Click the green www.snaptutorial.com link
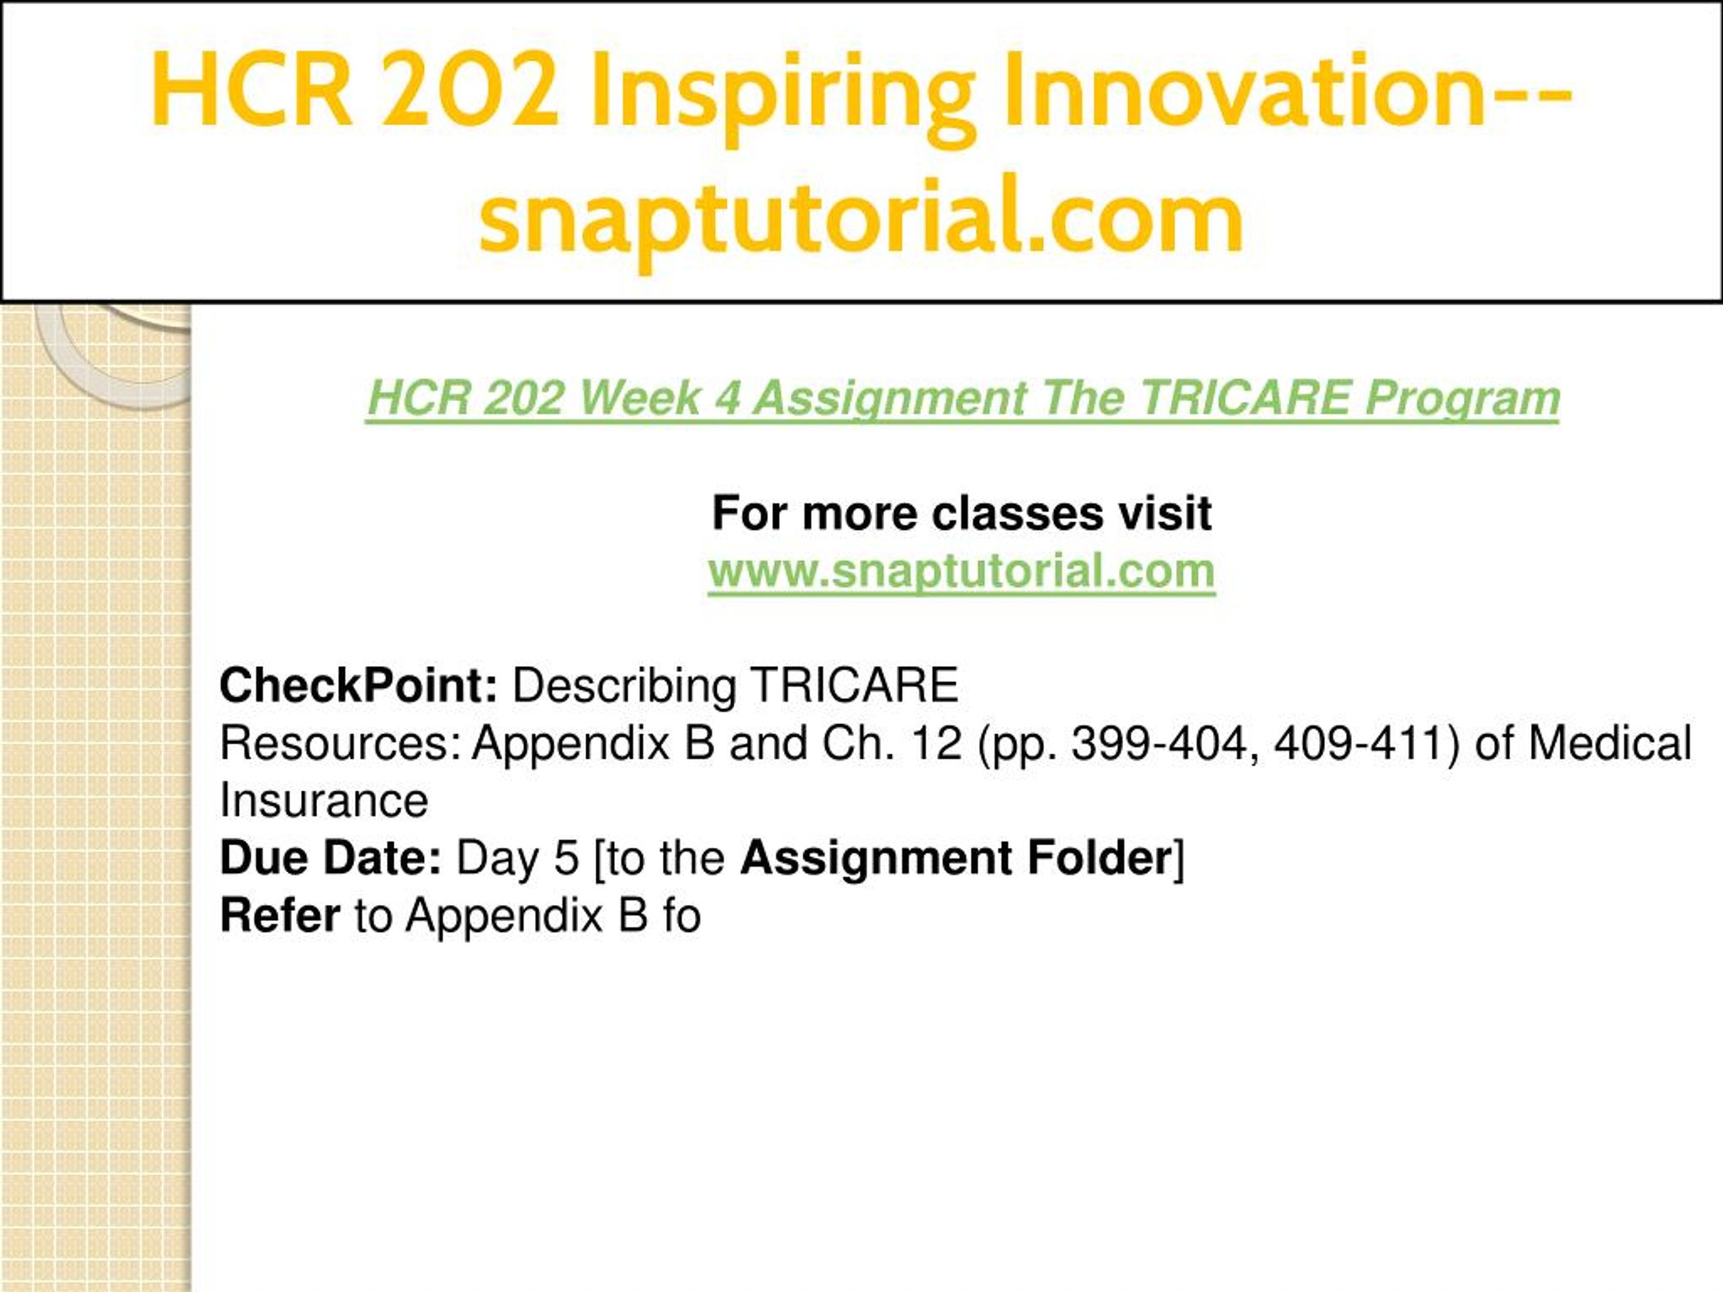click(961, 571)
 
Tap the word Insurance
click(324, 801)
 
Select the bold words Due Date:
click(331, 858)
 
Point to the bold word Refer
click(279, 916)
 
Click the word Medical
click(1610, 744)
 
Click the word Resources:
click(341, 744)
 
